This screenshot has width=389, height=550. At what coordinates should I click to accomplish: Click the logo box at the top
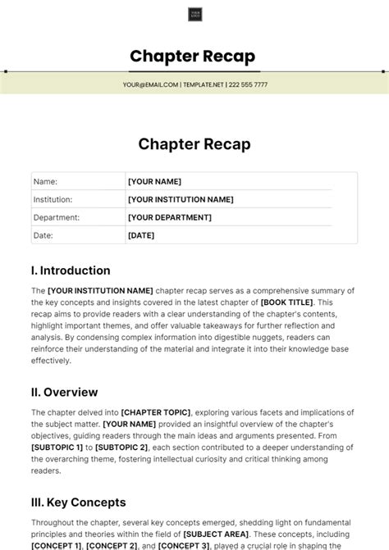coord(194,14)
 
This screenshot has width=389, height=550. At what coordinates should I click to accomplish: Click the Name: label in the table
coord(45,181)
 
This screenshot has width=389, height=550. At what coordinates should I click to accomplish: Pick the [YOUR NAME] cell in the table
coord(154,181)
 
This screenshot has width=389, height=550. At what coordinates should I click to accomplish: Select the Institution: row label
coord(53,199)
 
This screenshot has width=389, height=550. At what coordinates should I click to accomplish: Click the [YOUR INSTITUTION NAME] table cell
coord(181,199)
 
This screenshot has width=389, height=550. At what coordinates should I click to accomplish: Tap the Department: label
coord(56,217)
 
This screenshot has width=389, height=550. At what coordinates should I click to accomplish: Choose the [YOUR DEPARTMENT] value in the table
coord(169,217)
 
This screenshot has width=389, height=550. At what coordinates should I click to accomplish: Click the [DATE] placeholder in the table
coord(141,235)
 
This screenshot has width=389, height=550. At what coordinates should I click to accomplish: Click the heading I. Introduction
coord(71,270)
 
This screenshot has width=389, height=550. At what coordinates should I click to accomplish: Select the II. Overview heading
coord(64,392)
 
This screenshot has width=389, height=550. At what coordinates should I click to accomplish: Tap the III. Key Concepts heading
coord(79,502)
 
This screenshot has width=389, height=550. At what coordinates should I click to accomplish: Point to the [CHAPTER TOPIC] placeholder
coord(156,412)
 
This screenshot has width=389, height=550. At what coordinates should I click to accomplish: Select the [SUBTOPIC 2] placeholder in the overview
coord(120,448)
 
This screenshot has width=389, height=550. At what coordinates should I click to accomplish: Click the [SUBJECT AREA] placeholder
coord(213,534)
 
